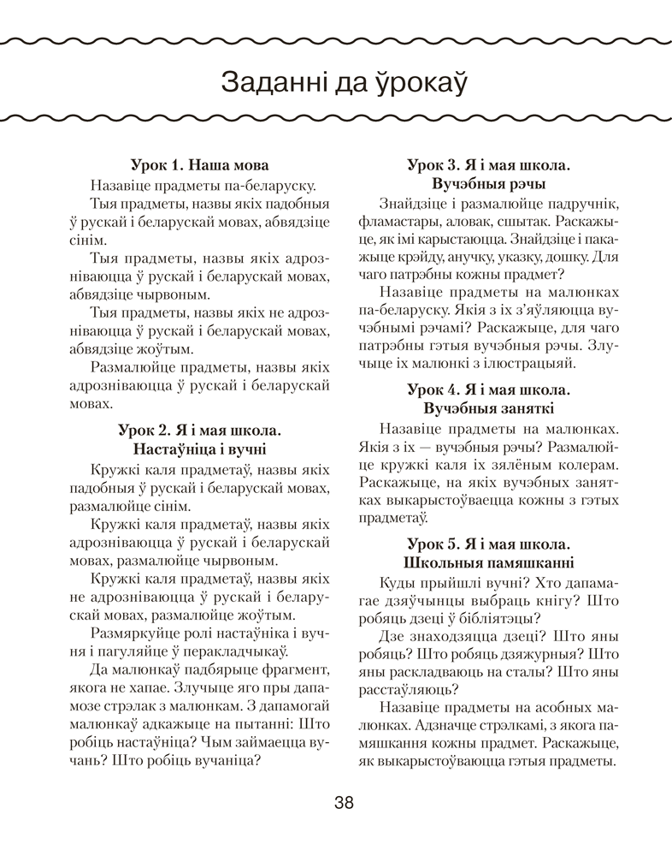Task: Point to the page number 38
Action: (x=344, y=802)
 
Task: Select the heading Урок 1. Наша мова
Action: (x=200, y=164)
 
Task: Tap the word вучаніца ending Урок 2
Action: (x=227, y=758)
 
